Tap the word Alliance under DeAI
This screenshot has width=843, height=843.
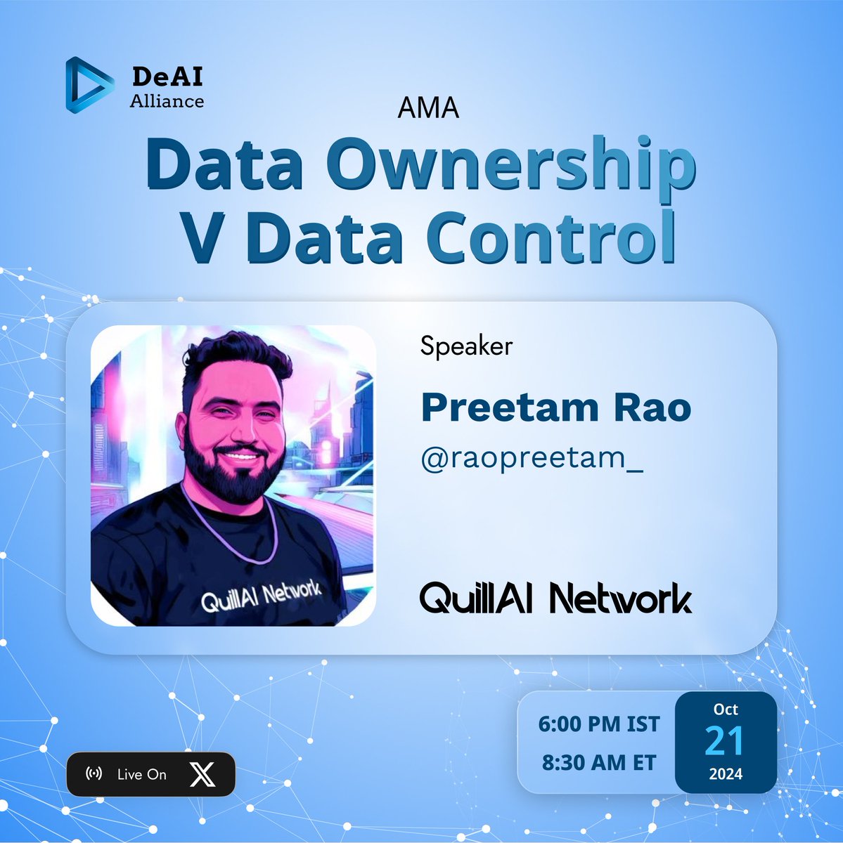(x=167, y=101)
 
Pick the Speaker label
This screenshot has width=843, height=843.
(x=466, y=346)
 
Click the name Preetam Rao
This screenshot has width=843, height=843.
(x=555, y=407)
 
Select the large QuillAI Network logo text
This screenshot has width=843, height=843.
(x=555, y=599)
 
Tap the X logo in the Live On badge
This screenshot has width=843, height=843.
(x=202, y=774)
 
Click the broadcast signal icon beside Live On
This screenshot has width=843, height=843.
(x=94, y=774)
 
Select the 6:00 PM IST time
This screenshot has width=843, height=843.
(x=599, y=724)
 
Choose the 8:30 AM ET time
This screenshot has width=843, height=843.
(x=599, y=762)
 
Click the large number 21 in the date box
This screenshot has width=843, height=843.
(x=725, y=740)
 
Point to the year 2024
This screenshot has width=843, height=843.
(x=725, y=774)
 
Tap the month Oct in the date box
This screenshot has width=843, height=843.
(x=726, y=710)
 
